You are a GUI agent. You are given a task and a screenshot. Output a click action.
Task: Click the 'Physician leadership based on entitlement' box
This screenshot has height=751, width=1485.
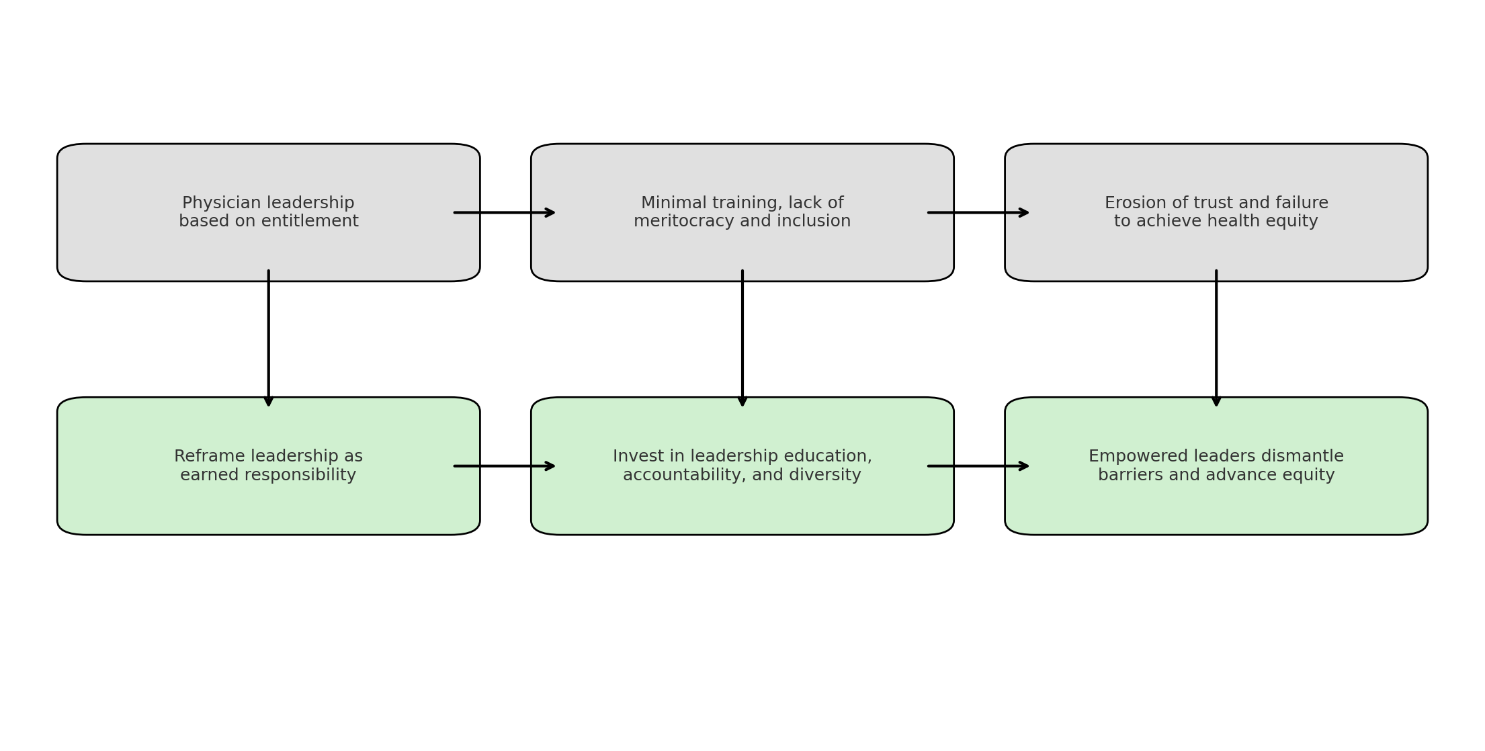coord(269,212)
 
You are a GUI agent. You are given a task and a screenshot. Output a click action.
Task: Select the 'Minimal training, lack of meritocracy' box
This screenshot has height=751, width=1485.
coord(743,212)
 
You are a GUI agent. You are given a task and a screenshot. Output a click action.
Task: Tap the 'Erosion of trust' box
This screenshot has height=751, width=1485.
coord(1216,212)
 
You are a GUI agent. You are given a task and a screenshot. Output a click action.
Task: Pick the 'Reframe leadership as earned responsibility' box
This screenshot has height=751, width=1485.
coord(269,466)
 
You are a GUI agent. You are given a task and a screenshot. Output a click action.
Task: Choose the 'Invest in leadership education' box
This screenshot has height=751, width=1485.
coord(743,466)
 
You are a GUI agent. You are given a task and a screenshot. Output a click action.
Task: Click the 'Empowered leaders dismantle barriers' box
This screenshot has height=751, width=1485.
coord(1216,466)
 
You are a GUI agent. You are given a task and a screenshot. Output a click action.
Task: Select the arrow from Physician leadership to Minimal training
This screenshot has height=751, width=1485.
coord(505,213)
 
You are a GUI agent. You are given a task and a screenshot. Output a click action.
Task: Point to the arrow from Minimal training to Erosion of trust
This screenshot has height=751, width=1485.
coord(978,213)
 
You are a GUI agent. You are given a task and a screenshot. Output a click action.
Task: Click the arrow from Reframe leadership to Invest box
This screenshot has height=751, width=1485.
coord(505,466)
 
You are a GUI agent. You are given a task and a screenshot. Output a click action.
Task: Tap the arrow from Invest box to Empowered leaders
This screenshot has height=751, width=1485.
coord(978,466)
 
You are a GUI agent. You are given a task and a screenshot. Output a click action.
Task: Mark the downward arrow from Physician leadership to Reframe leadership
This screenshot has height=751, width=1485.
coord(269,339)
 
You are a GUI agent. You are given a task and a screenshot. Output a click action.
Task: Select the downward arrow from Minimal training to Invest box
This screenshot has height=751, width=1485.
coord(743,339)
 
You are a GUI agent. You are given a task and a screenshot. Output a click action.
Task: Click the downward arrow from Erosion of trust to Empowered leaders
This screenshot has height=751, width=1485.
coord(1216,339)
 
